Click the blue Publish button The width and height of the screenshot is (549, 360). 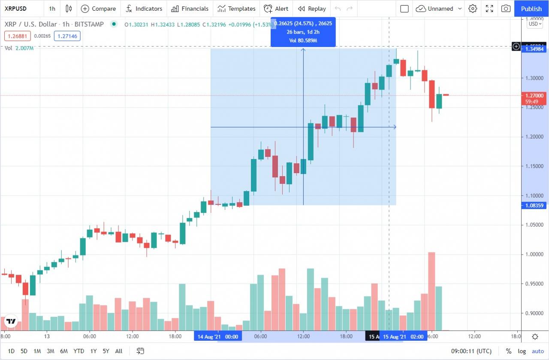[531, 9]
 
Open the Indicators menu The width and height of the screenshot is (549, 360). [144, 9]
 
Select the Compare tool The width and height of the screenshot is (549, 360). [99, 9]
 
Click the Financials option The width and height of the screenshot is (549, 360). [190, 9]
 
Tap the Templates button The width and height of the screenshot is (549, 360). [236, 9]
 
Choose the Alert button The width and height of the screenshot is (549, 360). [276, 9]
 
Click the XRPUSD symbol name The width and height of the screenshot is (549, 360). [15, 9]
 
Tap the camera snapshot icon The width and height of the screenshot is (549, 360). [506, 9]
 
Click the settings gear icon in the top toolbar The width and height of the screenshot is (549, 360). [473, 9]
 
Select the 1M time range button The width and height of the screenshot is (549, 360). [37, 351]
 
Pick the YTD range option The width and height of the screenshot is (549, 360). [78, 351]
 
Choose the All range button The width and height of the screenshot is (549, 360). [119, 351]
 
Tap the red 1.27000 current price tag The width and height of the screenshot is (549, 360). [534, 96]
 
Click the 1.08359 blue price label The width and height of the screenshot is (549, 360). [534, 205]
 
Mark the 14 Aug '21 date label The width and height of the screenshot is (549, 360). [218, 337]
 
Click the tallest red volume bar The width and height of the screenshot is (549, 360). [431, 291]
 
